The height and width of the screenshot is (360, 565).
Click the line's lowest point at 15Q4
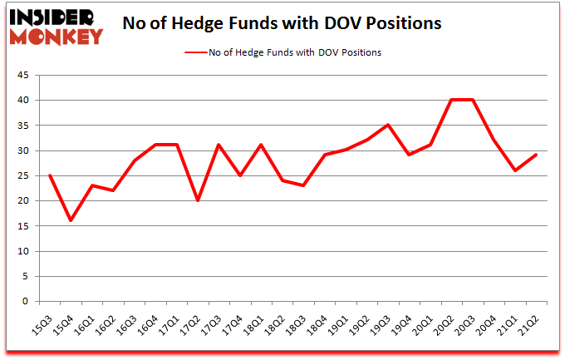coord(71,220)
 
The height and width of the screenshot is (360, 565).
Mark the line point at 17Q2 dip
coord(198,200)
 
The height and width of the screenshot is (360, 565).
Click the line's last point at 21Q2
coord(537,155)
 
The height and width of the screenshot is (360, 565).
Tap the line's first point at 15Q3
coord(50,175)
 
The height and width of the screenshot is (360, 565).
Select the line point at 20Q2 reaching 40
coord(452,101)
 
